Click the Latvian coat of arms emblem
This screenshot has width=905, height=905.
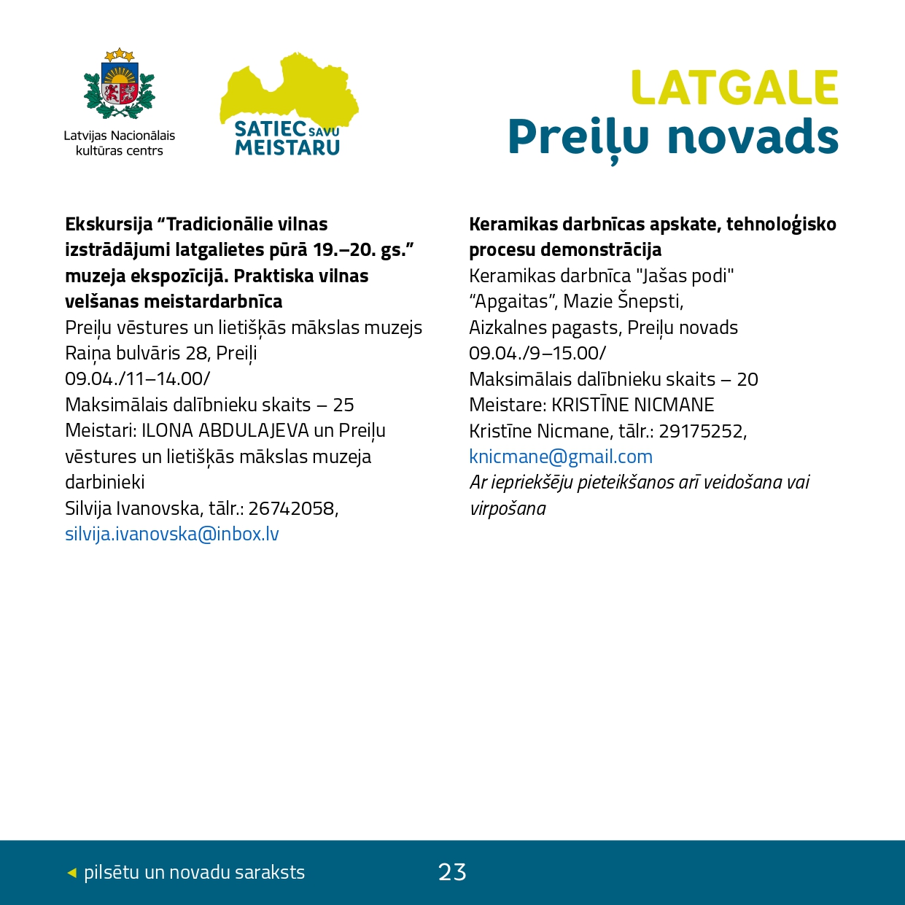pos(120,85)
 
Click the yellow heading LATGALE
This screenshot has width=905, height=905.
pos(734,88)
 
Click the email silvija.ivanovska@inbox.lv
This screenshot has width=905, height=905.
pos(172,534)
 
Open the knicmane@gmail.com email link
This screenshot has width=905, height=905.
pos(561,457)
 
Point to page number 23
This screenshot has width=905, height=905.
pos(452,872)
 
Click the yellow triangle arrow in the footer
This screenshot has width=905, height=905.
pos(71,872)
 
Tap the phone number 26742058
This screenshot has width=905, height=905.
pos(292,508)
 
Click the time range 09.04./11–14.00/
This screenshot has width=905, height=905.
pos(138,379)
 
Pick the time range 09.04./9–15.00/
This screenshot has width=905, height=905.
pos(537,354)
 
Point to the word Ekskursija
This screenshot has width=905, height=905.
pos(109,225)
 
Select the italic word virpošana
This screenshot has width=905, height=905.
pos(508,508)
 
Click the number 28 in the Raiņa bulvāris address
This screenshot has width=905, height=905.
pos(197,354)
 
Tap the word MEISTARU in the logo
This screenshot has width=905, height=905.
pos(287,148)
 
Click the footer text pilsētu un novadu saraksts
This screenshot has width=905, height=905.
pos(194,872)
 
